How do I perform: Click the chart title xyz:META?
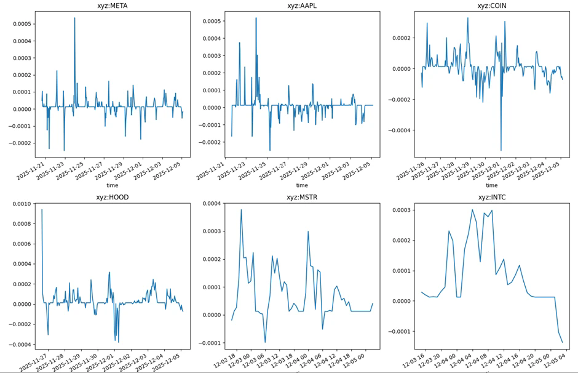(x=112, y=6)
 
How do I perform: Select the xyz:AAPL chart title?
(x=302, y=6)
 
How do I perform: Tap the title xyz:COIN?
(x=492, y=6)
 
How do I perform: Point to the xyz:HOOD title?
(x=112, y=198)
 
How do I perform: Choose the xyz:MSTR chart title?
(x=302, y=198)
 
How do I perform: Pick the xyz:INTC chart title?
(x=492, y=198)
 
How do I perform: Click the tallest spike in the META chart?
(x=75, y=18)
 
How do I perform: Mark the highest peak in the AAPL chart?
(x=256, y=18)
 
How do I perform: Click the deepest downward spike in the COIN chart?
(x=501, y=150)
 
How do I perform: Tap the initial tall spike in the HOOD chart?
(x=42, y=210)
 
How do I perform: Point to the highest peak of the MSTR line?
(x=241, y=210)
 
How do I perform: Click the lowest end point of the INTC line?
(x=562, y=342)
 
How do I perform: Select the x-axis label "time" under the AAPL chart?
(x=302, y=185)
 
